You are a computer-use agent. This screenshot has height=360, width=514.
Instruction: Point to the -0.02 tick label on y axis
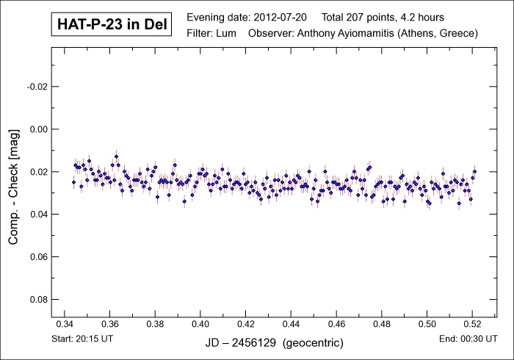coord(37,87)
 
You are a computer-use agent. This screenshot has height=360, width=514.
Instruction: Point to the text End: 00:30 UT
coord(469,339)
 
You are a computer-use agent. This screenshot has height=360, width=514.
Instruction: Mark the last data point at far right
coord(475,171)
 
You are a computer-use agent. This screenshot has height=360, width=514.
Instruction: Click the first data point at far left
coord(73,181)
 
